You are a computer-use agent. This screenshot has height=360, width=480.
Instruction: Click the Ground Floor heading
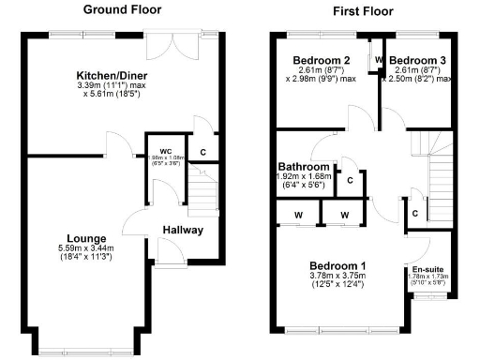[122, 9]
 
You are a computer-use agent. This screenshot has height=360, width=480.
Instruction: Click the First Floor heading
[362, 11]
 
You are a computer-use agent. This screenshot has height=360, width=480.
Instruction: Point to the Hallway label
[183, 230]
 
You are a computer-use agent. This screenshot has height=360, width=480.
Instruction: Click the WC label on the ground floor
[165, 150]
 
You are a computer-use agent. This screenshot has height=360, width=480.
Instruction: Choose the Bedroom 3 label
[419, 61]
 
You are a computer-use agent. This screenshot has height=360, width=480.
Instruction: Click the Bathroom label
[303, 165]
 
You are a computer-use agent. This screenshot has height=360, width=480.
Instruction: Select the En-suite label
[427, 268]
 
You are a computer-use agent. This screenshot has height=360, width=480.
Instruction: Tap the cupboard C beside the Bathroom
[349, 180]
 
